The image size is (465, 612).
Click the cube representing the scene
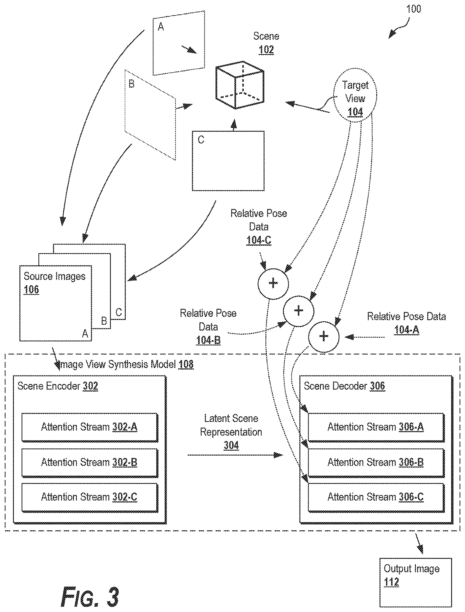[240, 85]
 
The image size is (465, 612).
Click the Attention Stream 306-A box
[376, 427]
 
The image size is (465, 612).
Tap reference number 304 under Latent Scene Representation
[231, 445]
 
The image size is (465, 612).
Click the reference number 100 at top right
[413, 9]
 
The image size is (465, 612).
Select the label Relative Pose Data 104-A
[406, 323]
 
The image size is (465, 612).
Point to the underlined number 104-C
[259, 240]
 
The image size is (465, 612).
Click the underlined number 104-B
[208, 340]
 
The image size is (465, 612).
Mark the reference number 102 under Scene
[266, 50]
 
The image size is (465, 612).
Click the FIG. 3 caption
[90, 597]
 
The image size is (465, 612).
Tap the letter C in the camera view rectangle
[201, 140]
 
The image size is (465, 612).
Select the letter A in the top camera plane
[160, 27]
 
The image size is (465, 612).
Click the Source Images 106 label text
[54, 283]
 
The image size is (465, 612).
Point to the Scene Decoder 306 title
[344, 386]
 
